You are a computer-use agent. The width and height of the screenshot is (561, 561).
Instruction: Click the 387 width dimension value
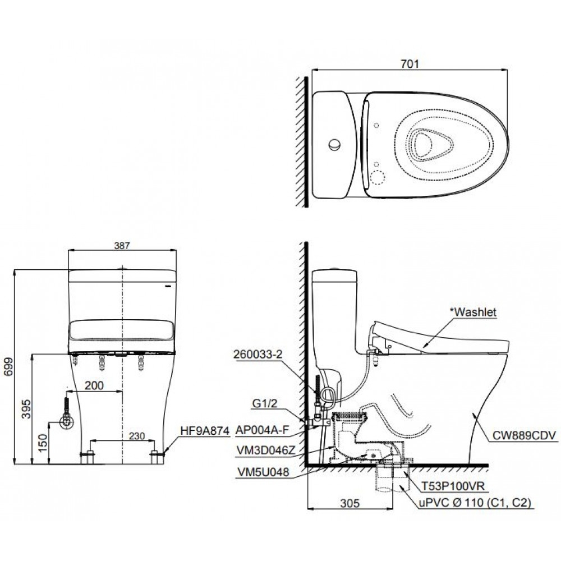point(122,245)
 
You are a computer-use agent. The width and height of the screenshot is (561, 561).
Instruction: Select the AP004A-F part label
point(262,431)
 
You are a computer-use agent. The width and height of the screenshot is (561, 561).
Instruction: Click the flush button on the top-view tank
point(334,144)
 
